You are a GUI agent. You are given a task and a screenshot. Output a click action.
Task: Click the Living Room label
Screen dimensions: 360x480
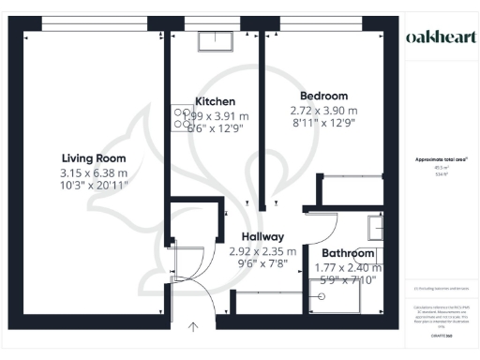[x=94, y=157]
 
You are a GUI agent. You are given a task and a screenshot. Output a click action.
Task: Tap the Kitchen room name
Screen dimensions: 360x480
[x=215, y=101]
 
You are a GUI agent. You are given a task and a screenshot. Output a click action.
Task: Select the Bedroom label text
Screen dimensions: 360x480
[x=323, y=96]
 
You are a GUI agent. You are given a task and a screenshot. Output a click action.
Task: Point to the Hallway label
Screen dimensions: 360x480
[x=262, y=237]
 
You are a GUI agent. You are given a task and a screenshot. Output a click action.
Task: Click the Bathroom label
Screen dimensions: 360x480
[x=348, y=254]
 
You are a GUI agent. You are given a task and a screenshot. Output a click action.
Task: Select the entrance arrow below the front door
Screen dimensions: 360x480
[x=193, y=327]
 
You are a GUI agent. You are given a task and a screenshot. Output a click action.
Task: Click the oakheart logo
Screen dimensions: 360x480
[x=440, y=37]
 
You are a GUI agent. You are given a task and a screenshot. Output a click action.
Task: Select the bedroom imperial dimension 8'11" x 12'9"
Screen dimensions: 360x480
[x=323, y=125]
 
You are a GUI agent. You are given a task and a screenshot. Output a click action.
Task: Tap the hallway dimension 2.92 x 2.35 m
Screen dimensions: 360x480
[x=262, y=251]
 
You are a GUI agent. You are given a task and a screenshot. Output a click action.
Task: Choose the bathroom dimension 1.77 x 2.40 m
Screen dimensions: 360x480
[x=348, y=267]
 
